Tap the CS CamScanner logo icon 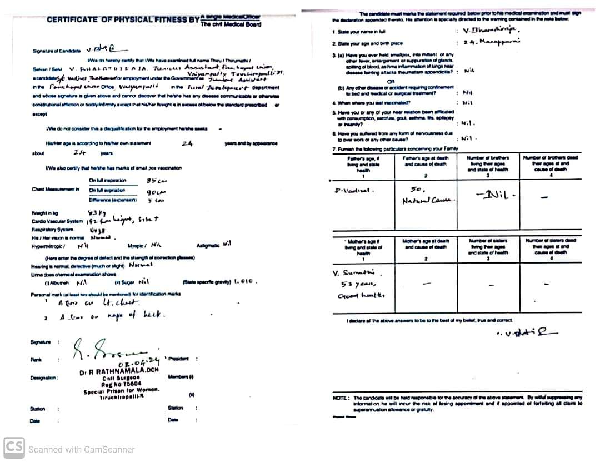14,448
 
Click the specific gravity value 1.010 243,281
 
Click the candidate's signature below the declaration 519,333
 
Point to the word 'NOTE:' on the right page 341,398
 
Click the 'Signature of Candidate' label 53,51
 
